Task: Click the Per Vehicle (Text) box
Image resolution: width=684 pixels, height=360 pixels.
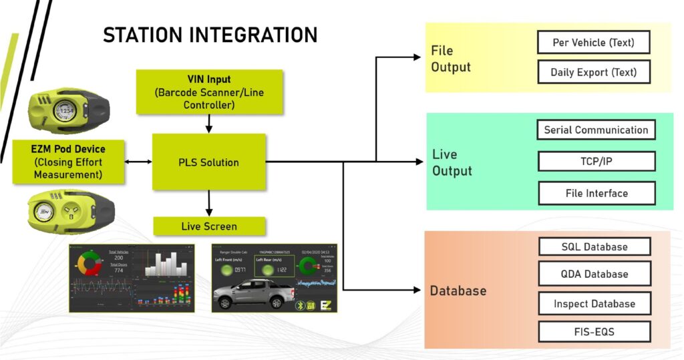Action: [593, 42]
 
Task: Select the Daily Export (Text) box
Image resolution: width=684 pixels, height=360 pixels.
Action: [593, 72]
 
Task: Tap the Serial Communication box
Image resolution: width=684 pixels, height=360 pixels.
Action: [596, 130]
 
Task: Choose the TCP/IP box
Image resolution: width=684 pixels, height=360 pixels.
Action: [596, 162]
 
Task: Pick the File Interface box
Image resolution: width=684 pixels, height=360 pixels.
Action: [596, 193]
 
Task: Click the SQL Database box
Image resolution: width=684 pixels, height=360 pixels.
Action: [594, 246]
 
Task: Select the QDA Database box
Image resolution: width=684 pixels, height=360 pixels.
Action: [594, 274]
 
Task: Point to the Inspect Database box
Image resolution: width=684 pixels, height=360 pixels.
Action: [594, 304]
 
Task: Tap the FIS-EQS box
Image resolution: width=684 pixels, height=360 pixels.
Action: [594, 331]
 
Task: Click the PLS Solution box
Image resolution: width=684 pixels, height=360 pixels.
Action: [209, 162]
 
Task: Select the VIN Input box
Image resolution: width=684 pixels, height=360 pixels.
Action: [209, 92]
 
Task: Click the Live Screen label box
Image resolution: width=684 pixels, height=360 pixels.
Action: [209, 226]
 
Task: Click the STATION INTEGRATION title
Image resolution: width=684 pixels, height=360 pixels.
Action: [210, 35]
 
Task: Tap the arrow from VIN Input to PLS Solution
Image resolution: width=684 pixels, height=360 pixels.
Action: [209, 124]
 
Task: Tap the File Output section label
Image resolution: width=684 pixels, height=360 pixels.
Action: [451, 59]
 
